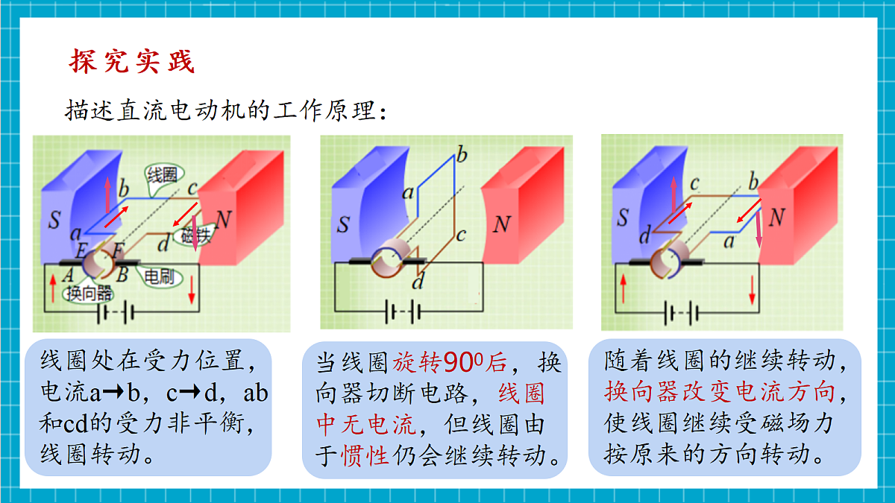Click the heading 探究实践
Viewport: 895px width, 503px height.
click(x=132, y=61)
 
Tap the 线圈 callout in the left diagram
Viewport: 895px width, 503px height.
click(x=163, y=175)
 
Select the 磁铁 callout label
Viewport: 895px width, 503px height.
click(x=195, y=235)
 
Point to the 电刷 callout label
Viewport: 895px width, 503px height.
click(x=159, y=276)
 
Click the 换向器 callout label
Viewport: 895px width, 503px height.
click(x=89, y=294)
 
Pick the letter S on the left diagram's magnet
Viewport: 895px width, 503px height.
click(x=54, y=220)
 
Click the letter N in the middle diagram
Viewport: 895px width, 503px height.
click(x=502, y=224)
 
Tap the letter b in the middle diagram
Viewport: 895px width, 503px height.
click(x=462, y=154)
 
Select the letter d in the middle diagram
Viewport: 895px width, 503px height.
click(x=418, y=281)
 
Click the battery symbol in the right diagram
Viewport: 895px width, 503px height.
click(x=682, y=312)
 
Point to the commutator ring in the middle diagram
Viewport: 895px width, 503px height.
click(x=387, y=262)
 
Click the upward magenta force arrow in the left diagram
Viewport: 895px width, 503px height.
click(x=107, y=194)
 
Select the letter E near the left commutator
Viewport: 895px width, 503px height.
click(x=81, y=250)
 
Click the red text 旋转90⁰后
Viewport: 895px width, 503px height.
click(x=450, y=362)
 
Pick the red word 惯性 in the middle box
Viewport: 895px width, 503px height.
click(x=365, y=455)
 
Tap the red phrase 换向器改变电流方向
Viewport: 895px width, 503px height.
click(x=719, y=392)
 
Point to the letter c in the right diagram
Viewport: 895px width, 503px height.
click(x=694, y=183)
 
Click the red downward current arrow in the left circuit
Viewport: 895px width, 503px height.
click(x=192, y=290)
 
